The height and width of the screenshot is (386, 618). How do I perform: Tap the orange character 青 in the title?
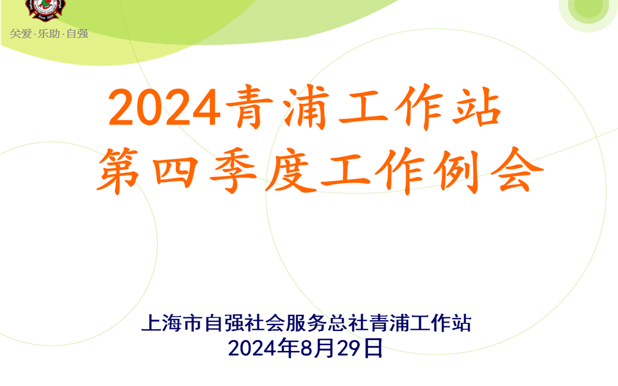coord(250,107)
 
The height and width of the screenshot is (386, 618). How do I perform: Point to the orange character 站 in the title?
coord(477,107)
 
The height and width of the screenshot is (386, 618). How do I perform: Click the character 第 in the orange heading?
coord(118,171)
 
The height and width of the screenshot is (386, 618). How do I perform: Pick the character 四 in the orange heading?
coord(176,172)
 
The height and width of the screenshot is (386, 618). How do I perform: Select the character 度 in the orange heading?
coord(290,171)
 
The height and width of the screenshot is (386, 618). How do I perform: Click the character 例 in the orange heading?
coord(457,171)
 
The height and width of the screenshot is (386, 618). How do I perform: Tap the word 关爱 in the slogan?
coord(21,34)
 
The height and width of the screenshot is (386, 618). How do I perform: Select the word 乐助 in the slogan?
coord(49,34)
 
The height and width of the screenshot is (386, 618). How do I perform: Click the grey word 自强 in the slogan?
coord(77,34)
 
